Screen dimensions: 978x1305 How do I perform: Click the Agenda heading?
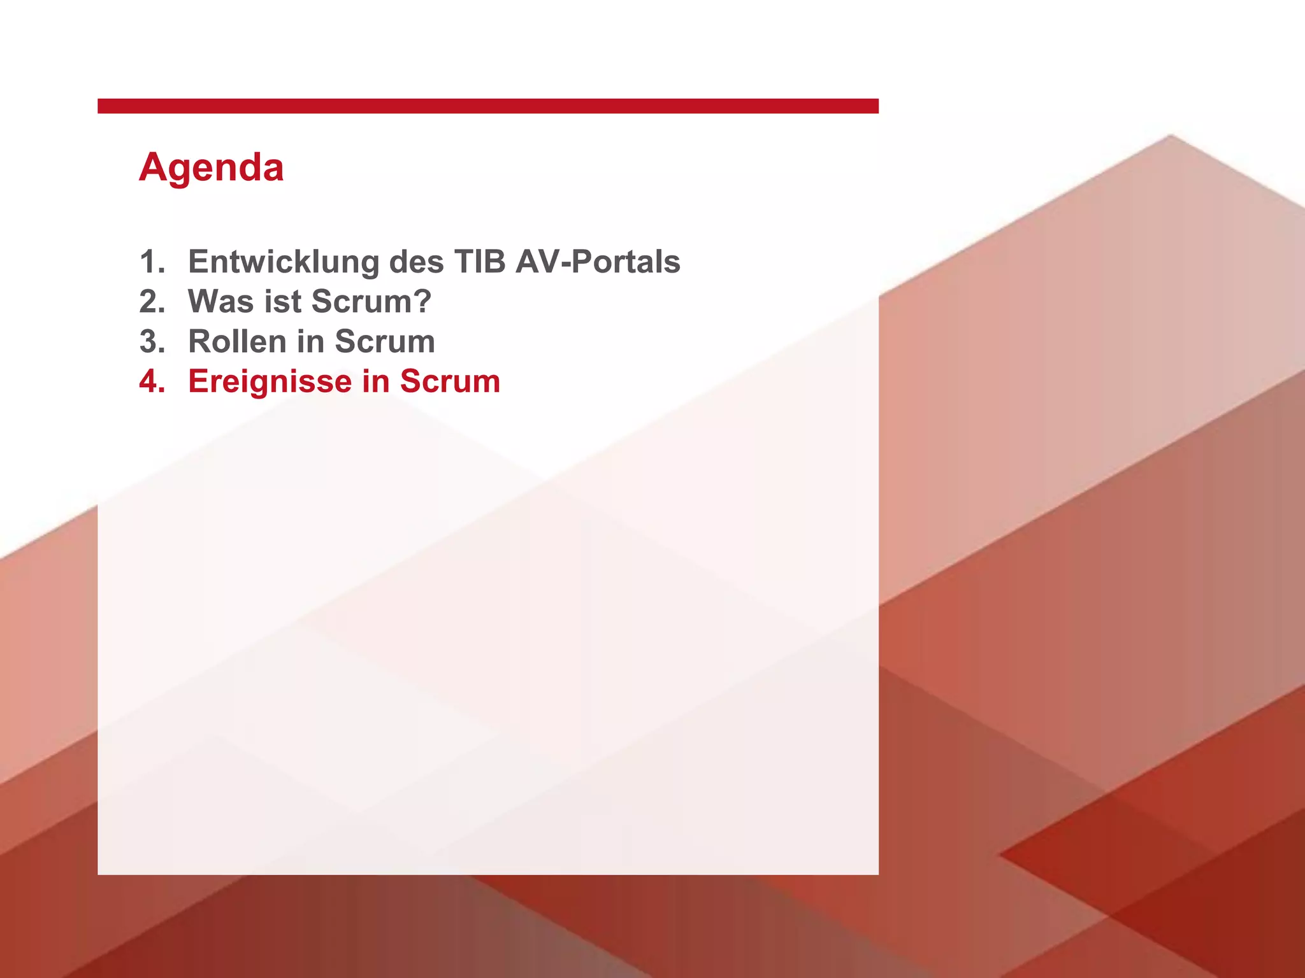pos(211,167)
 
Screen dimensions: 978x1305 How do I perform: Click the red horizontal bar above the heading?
pos(487,106)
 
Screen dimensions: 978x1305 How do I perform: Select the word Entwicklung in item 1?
pos(284,262)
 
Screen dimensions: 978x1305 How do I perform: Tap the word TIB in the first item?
pos(479,262)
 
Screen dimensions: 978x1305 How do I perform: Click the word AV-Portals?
pos(598,262)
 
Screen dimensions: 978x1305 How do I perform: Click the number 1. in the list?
pos(152,262)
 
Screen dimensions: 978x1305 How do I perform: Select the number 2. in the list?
pos(152,302)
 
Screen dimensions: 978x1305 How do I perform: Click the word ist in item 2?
pos(282,302)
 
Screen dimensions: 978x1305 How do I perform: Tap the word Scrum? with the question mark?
pos(371,302)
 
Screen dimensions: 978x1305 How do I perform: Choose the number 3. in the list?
pos(152,342)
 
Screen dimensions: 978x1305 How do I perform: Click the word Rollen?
pos(236,342)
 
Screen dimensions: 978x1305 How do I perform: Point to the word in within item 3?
pos(310,342)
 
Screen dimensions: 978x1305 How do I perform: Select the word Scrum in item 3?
pos(385,342)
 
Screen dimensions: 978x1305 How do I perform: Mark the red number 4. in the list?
pos(152,381)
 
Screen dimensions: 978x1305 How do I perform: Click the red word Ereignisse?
pos(270,381)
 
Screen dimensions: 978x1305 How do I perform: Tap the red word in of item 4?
pos(375,381)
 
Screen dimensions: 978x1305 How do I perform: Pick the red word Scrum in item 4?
pos(450,381)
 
